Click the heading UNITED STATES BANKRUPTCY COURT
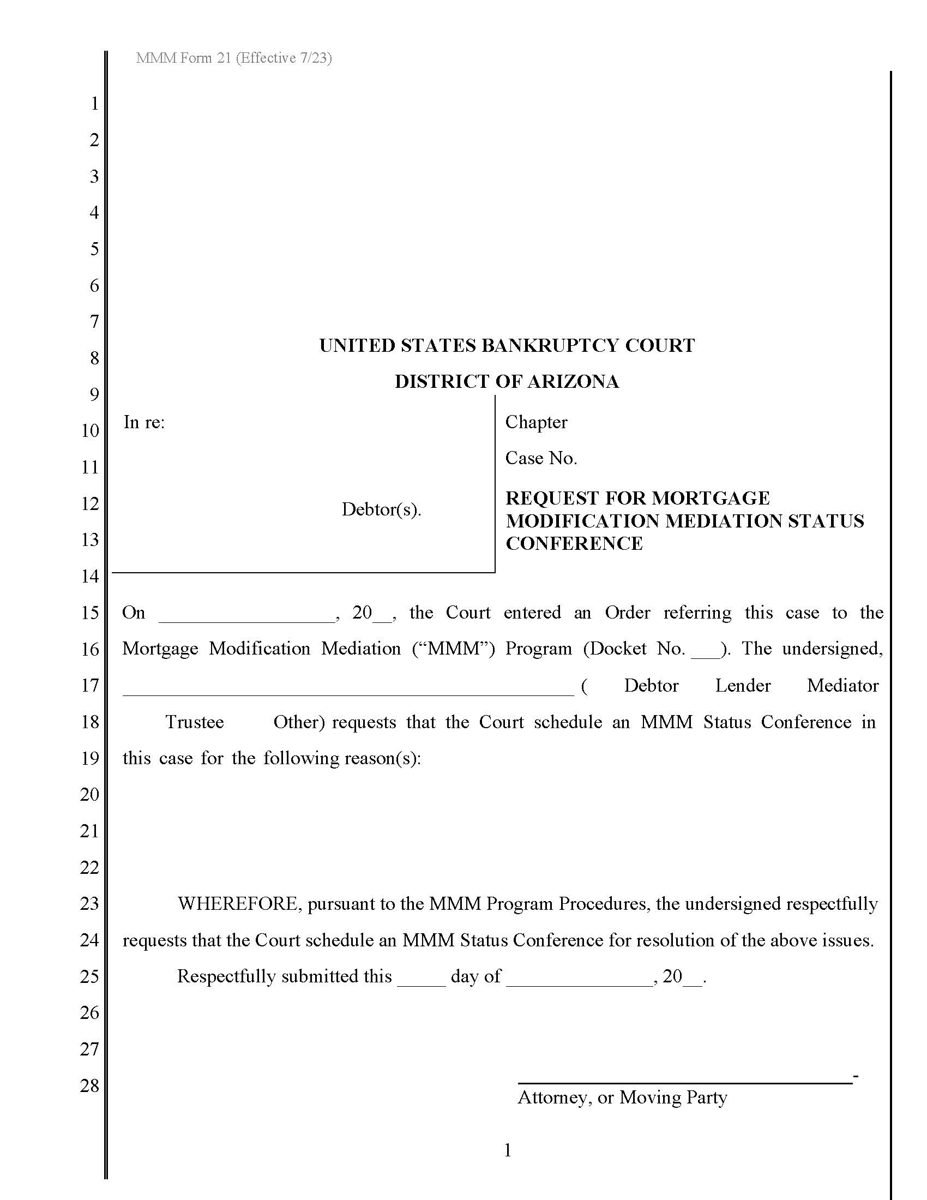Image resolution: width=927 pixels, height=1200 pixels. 507,346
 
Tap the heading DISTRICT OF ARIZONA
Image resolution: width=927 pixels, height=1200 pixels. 507,382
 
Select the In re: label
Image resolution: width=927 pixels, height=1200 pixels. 144,422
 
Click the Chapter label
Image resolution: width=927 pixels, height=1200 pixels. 536,422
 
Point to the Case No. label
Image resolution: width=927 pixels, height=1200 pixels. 541,458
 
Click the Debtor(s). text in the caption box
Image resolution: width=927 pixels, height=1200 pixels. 381,509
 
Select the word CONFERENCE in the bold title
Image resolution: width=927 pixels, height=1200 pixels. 574,543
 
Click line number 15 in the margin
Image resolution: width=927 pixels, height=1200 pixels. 89,613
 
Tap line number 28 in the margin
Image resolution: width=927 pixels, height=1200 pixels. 89,1085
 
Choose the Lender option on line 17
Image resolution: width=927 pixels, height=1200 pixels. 743,686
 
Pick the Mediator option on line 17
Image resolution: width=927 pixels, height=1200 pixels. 842,686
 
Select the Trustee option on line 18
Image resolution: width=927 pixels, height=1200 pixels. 195,722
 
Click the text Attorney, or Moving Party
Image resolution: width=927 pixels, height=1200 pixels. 622,1097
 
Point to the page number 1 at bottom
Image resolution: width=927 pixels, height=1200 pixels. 508,1150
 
